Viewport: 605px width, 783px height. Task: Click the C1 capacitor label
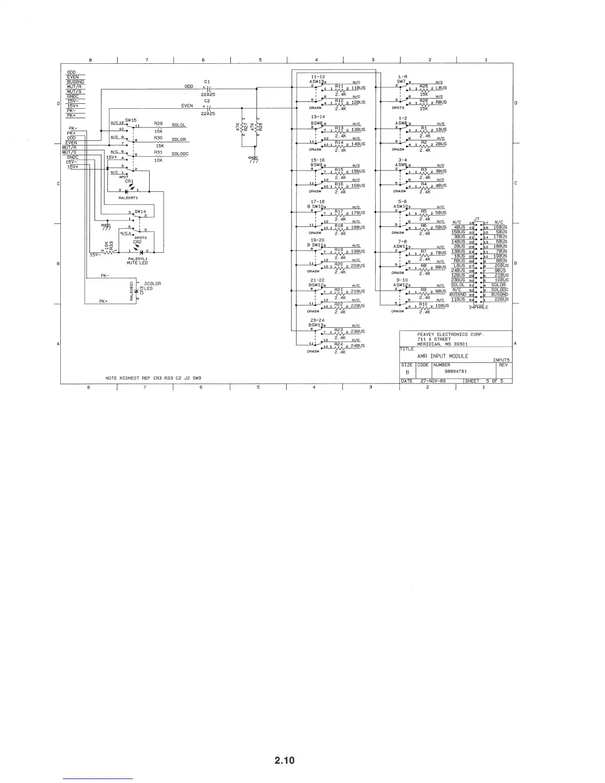tap(207, 82)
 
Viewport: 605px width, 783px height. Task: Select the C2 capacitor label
tap(207, 101)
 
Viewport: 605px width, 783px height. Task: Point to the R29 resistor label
tap(158, 123)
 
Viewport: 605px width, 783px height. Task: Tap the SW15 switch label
tap(130, 120)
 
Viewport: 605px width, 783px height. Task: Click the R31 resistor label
tap(158, 153)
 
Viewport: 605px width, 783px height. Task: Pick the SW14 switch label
tap(141, 212)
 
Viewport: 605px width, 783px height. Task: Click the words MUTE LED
tap(137, 263)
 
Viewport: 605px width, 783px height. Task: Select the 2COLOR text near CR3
tap(153, 284)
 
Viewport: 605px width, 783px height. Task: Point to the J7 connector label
tap(476, 218)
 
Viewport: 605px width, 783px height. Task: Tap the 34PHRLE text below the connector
tap(478, 307)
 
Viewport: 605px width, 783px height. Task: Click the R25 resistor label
tap(424, 86)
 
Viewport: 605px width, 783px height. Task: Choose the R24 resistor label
tap(339, 344)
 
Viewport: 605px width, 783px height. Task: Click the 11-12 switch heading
tap(318, 77)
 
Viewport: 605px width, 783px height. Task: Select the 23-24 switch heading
tap(318, 320)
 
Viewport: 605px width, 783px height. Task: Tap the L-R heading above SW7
tap(402, 77)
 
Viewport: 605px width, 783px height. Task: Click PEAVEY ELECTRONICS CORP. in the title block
tap(450, 335)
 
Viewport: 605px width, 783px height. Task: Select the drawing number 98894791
tap(456, 371)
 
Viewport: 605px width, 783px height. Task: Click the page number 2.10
tap(285, 760)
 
